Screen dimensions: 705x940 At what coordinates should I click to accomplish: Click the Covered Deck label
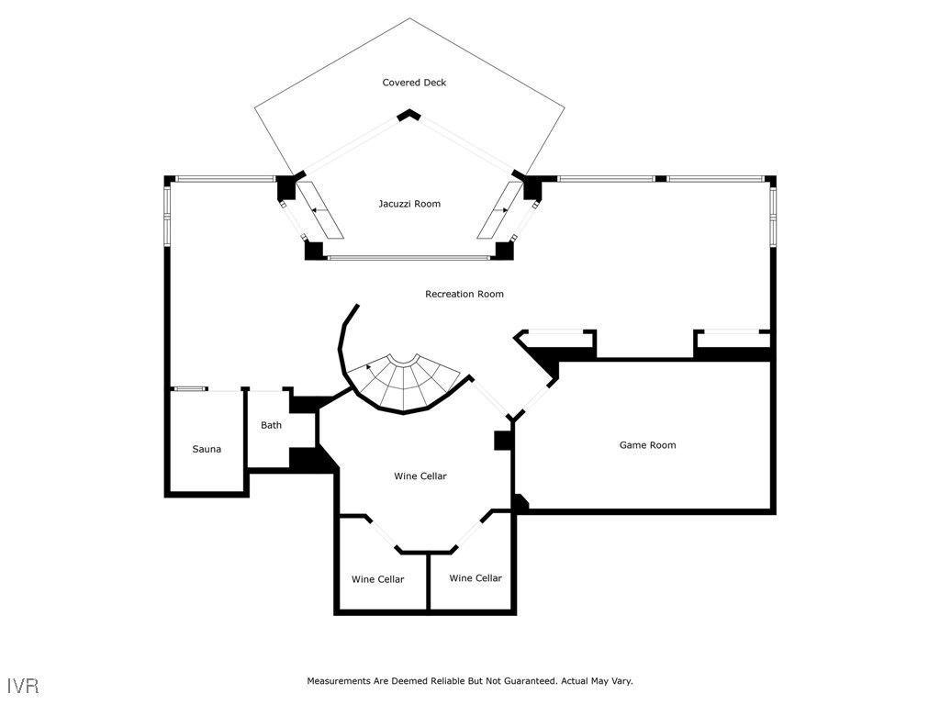[414, 83]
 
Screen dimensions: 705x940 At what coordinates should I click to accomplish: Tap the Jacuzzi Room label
[409, 204]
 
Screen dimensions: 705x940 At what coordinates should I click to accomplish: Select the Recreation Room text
[464, 294]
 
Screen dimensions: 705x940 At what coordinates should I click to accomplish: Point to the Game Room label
[647, 445]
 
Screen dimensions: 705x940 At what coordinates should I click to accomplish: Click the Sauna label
[207, 449]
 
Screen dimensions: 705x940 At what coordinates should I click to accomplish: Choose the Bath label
[271, 425]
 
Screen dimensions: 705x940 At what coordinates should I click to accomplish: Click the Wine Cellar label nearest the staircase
[420, 476]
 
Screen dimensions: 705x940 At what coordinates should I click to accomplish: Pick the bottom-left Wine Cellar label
[377, 579]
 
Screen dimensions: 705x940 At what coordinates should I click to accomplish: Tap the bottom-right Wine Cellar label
[476, 578]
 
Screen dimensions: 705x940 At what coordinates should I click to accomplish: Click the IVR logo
[24, 686]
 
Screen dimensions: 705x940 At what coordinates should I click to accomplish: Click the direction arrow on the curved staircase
[370, 367]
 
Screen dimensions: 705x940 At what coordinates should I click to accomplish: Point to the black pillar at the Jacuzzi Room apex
[408, 115]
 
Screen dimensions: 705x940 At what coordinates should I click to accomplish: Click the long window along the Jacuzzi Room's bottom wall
[408, 258]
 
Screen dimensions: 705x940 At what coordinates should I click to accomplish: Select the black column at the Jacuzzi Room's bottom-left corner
[314, 250]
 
